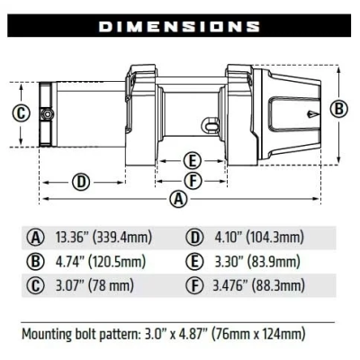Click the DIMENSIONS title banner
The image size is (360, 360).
179,26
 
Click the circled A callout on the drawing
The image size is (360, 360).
179,199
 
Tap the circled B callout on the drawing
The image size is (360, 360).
339,109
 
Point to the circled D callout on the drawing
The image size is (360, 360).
81,182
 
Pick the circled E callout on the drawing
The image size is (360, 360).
191,161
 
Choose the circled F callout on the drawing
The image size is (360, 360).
191,181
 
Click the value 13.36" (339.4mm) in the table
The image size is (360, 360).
103,238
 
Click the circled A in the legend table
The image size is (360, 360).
36,238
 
